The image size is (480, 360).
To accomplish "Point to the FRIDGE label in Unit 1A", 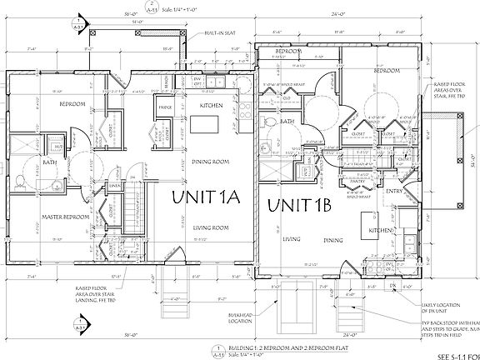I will [166, 108].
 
